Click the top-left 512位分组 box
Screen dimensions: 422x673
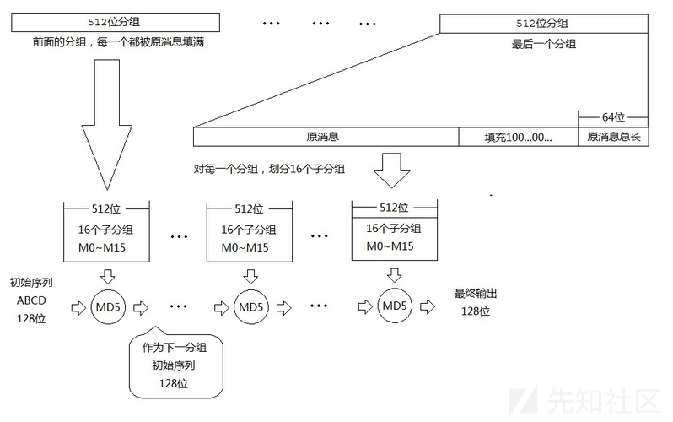click(115, 22)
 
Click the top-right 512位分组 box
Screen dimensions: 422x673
click(543, 24)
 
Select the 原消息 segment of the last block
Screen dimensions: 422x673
click(326, 136)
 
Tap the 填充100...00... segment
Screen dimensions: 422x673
click(518, 136)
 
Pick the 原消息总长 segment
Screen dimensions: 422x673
click(613, 136)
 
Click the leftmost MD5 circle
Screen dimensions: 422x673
click(107, 307)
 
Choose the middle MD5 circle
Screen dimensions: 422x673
click(250, 307)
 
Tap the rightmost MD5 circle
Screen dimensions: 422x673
click(394, 306)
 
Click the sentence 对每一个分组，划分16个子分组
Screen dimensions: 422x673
click(269, 169)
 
